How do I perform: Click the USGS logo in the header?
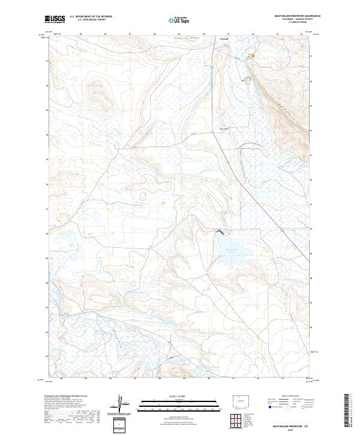tap(55, 19)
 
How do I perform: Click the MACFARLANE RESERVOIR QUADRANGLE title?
tap(289, 16)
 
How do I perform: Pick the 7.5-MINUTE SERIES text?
tap(289, 23)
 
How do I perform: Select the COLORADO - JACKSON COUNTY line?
tap(289, 20)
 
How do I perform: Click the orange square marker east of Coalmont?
tap(253, 57)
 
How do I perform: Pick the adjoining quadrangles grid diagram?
tap(234, 422)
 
